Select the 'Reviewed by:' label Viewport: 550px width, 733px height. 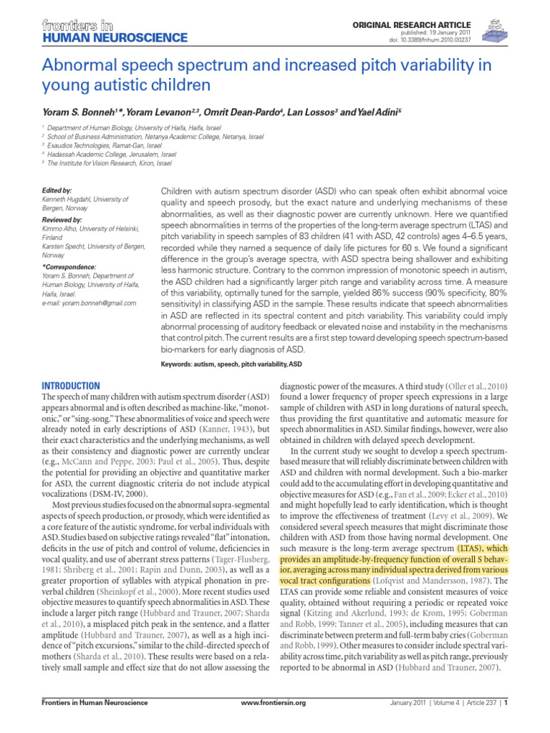click(62, 219)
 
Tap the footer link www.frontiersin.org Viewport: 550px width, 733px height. click(274, 722)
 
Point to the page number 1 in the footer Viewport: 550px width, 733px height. click(506, 722)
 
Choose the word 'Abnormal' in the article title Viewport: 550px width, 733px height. click(82, 67)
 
